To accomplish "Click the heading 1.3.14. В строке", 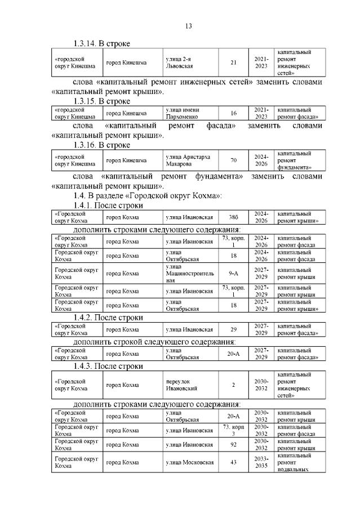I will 102,43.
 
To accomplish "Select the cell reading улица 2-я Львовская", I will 179,62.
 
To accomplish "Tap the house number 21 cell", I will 233,62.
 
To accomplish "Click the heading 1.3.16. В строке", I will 102,145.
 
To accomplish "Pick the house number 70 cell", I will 233,160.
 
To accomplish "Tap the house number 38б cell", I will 233,217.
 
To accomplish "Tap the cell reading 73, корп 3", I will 233,430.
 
